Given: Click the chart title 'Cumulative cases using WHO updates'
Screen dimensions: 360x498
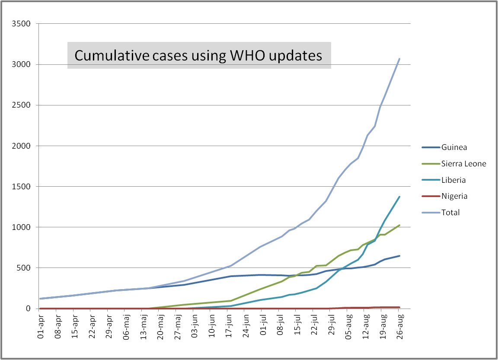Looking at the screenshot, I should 198,56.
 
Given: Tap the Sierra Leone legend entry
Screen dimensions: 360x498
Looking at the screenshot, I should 463,164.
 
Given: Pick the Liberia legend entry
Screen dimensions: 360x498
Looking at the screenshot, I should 453,180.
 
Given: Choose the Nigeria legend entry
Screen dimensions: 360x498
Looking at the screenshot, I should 454,196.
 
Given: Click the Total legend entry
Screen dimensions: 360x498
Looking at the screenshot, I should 450,212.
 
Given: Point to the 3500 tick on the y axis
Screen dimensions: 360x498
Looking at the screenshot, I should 21,24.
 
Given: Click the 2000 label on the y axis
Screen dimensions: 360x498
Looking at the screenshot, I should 21,146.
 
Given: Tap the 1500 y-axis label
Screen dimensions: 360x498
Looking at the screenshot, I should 21,187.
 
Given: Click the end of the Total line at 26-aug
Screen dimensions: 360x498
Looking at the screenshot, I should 399,59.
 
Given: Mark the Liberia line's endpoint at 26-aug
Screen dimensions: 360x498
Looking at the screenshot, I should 399,197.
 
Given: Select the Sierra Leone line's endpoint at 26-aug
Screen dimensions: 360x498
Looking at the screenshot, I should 399,225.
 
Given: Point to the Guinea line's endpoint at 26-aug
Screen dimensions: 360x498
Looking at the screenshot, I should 399,256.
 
